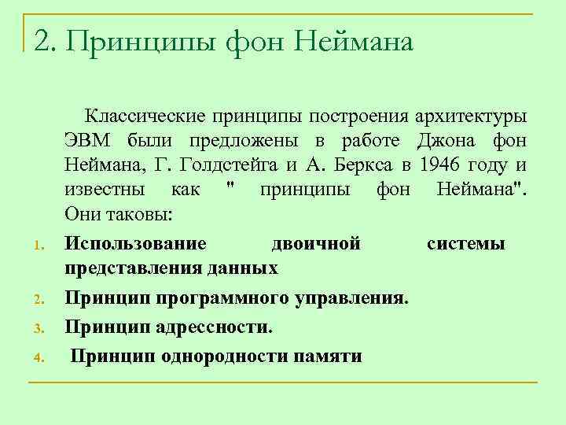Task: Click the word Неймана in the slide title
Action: [353, 42]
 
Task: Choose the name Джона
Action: [447, 142]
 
